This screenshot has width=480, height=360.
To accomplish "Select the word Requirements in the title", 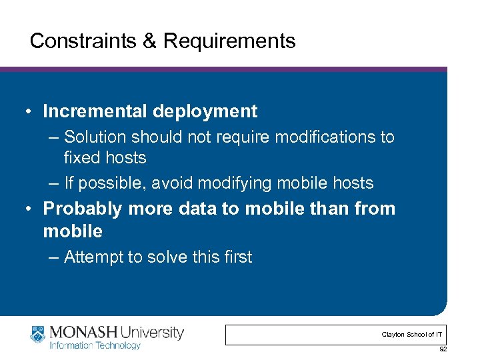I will point(229,41).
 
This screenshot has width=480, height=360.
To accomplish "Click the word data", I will point(198,209).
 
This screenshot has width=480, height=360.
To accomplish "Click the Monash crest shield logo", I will point(39,335).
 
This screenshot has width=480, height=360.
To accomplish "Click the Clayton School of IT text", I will point(411,335).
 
